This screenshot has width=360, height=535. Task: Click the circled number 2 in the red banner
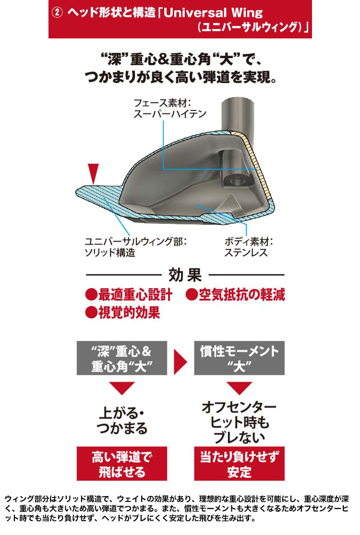57,12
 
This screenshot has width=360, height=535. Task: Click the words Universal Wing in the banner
214,12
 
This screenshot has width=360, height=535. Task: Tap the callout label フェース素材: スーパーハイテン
170,109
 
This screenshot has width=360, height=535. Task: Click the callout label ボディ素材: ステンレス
249,247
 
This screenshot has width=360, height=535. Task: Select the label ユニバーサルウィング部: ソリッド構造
135,247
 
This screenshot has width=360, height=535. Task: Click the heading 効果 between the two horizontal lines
185,275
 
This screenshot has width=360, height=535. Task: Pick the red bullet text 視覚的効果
123,312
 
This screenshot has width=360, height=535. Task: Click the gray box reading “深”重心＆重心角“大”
122,358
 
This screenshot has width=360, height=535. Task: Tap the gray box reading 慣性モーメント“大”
240,358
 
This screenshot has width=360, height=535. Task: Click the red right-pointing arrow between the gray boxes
180,362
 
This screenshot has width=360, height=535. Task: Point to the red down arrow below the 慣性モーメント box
240,389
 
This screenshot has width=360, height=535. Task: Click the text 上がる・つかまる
122,420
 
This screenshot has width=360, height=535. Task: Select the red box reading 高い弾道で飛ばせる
122,464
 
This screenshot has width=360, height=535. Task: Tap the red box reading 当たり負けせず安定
240,464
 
